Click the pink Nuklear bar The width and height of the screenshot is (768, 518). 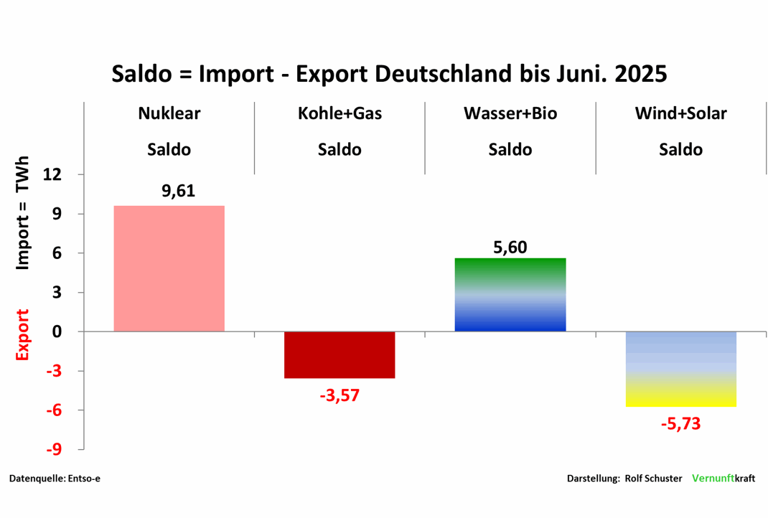pos(169,268)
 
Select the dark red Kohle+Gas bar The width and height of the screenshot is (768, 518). pos(339,354)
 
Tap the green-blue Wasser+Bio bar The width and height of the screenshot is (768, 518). pos(510,294)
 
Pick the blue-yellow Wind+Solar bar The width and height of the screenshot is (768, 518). pos(681,369)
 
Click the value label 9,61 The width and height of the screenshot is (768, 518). pos(178,191)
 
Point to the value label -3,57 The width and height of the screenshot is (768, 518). pos(339,395)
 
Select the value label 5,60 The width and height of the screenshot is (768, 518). pos(510,248)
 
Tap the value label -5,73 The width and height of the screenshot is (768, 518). pos(680,423)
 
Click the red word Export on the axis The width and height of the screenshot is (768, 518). pos(23,335)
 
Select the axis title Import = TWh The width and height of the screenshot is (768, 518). pos(23,212)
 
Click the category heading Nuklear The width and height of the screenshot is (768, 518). pos(169,113)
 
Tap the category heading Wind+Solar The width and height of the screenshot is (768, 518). pos(680,113)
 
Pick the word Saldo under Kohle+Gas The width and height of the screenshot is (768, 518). pos(339,150)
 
